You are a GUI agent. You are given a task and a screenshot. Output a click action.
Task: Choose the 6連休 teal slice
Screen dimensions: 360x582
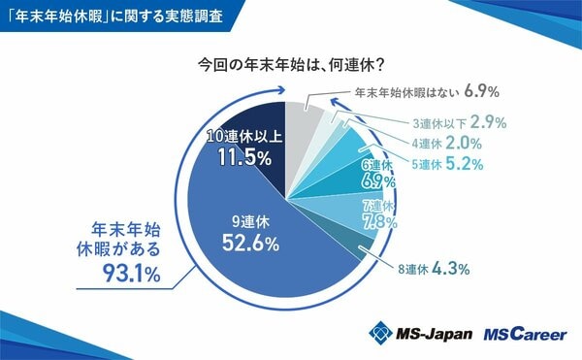[x=359, y=176]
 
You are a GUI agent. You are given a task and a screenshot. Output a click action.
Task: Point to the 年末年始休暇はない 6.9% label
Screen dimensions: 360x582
[x=426, y=93]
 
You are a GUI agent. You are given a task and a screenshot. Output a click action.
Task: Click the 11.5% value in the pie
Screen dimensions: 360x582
[x=242, y=157]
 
